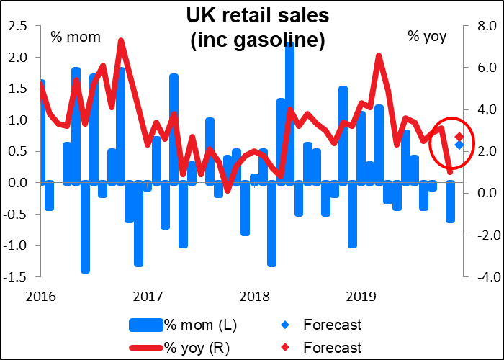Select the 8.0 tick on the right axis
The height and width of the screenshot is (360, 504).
(484, 26)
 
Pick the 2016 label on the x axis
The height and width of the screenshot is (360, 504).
(39, 295)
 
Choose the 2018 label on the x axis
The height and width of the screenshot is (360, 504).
(254, 295)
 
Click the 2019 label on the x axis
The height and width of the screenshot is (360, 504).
(361, 295)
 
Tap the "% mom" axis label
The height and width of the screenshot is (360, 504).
(76, 37)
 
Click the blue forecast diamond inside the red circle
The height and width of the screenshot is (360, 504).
(459, 145)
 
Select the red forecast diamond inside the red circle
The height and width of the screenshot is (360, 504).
(459, 137)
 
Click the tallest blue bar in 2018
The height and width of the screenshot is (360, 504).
(289, 108)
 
